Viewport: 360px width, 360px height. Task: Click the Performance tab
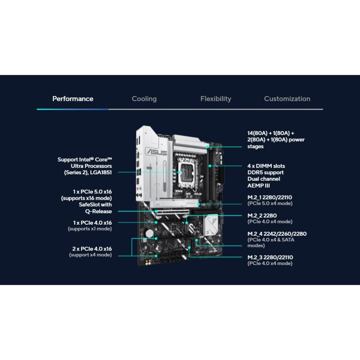click(73, 99)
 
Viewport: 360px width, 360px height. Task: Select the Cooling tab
click(144, 99)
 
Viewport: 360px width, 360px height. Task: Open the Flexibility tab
click(216, 99)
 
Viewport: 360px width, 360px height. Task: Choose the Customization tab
click(287, 99)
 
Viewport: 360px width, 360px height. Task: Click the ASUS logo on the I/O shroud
click(157, 152)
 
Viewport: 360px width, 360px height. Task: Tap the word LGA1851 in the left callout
click(101, 172)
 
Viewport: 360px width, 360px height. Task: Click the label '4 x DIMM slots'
click(266, 166)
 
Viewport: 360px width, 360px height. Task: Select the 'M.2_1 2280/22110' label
click(270, 197)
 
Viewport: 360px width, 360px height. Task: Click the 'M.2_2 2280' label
click(262, 216)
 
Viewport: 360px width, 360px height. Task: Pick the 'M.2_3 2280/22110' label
click(270, 257)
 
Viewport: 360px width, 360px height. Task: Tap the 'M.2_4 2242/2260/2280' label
click(277, 234)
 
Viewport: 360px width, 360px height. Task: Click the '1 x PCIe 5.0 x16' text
click(92, 192)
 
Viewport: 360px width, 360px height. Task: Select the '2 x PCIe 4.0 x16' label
click(92, 249)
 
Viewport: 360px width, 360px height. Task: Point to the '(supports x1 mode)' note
click(90, 229)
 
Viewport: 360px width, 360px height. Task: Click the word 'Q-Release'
click(99, 211)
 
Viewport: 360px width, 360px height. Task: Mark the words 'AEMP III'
click(258, 185)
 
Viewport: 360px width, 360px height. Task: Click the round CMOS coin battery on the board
click(149, 234)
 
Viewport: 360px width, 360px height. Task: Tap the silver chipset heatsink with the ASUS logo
click(211, 225)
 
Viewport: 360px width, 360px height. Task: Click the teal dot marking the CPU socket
click(179, 172)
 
